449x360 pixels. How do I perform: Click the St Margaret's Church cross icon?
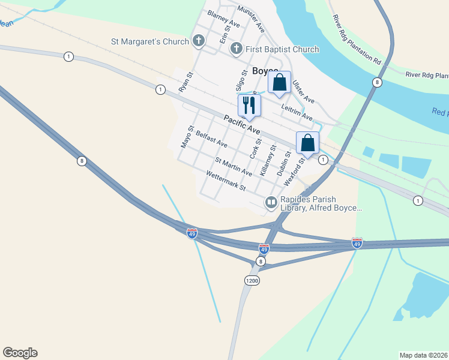tap(199, 41)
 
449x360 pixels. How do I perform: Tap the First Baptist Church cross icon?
tap(237, 49)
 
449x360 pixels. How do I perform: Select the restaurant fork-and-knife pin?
tap(249, 104)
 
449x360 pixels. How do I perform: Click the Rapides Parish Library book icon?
tap(271, 203)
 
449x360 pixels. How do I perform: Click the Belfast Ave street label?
tap(211, 140)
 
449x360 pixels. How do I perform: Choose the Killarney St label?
tap(268, 159)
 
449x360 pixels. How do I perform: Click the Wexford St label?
tap(292, 170)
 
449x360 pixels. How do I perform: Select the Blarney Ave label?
tap(223, 18)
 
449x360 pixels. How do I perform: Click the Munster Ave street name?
tap(251, 18)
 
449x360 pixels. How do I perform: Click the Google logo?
tap(20, 353)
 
